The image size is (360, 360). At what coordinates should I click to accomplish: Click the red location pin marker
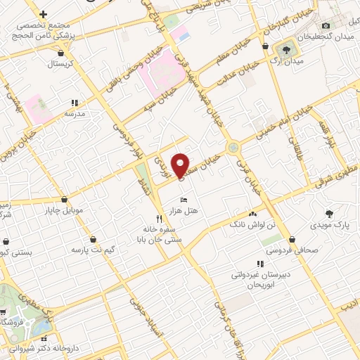pos(181,165)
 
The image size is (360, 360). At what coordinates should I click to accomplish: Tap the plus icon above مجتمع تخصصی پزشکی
pos(44,14)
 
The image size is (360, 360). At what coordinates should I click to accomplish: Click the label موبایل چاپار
pos(65,210)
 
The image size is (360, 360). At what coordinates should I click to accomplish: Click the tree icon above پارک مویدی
pos(328,213)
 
